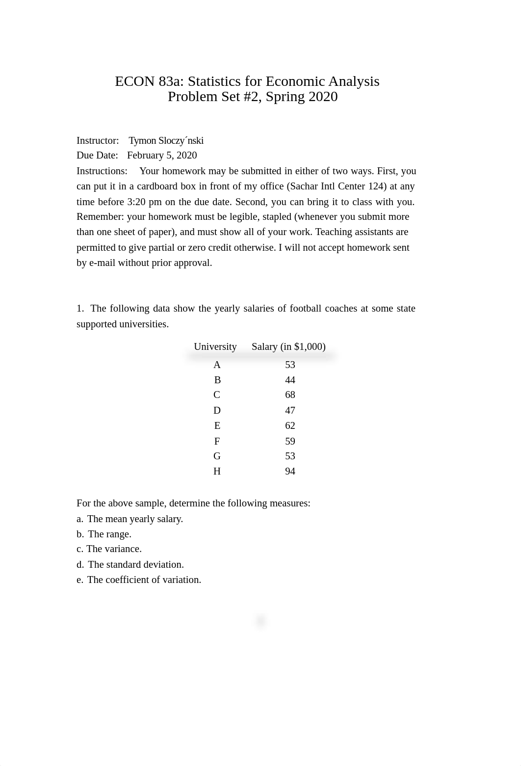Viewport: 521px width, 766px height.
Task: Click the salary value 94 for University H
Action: [290, 472]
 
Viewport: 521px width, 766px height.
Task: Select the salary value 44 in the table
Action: [290, 380]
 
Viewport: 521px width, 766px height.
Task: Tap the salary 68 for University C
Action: [290, 395]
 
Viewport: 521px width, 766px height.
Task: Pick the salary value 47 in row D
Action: [290, 410]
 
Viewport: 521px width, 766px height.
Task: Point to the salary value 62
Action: [290, 425]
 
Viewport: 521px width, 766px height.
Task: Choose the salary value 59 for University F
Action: [290, 441]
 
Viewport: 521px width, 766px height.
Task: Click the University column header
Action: [215, 347]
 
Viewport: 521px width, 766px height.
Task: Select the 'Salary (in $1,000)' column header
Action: [288, 347]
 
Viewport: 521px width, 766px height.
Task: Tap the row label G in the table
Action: [217, 456]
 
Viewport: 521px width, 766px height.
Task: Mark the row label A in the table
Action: [217, 365]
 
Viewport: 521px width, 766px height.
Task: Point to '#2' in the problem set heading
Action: [253, 97]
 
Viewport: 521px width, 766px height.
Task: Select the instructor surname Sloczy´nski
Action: [181, 141]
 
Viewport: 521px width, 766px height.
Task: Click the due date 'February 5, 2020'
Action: [162, 156]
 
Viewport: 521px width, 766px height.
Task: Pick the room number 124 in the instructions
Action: [375, 186]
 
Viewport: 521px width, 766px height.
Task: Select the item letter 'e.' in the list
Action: [80, 580]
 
